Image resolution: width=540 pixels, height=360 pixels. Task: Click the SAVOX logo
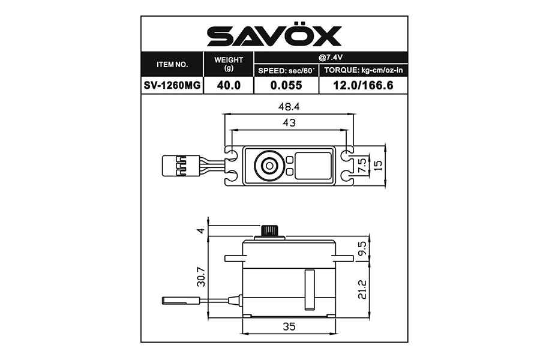[274, 36]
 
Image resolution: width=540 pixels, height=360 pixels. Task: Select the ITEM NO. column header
[172, 64]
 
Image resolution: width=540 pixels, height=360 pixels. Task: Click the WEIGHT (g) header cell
[229, 64]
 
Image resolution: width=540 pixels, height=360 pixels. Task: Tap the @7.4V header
[331, 58]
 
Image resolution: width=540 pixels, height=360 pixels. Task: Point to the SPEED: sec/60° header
[286, 71]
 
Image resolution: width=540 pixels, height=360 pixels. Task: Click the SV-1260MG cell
[172, 85]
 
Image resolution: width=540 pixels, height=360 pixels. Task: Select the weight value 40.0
[229, 85]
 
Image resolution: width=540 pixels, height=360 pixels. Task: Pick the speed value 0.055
[286, 85]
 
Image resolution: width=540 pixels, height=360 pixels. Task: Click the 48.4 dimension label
[289, 106]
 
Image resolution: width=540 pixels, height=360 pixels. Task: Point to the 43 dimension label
[289, 122]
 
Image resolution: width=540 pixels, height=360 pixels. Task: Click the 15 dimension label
[377, 165]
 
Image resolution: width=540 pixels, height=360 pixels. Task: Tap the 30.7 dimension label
[202, 276]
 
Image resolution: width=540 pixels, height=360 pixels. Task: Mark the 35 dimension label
[289, 328]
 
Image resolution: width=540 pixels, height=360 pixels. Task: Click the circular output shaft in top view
[267, 165]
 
